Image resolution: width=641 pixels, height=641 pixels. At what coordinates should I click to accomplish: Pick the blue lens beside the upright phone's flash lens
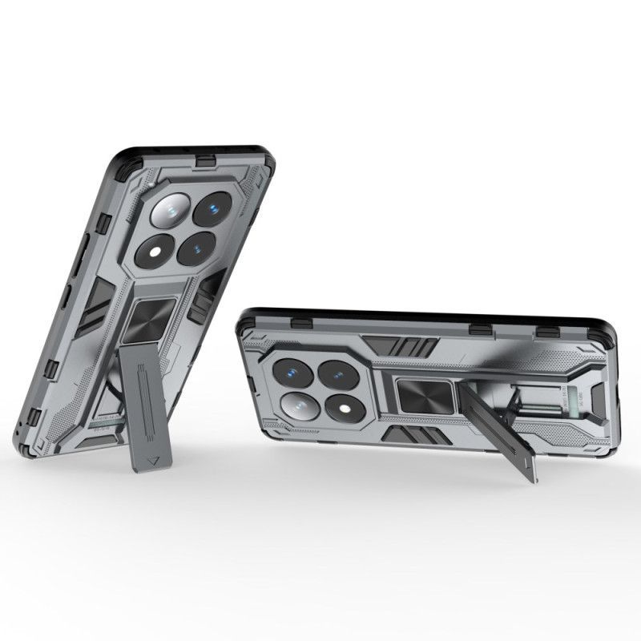196,249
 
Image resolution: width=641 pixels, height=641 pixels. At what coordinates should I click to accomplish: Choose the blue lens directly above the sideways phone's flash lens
337,373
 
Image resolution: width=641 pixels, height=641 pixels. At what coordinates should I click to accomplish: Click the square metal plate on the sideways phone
418,397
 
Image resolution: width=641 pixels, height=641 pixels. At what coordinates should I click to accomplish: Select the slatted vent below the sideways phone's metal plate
411,435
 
